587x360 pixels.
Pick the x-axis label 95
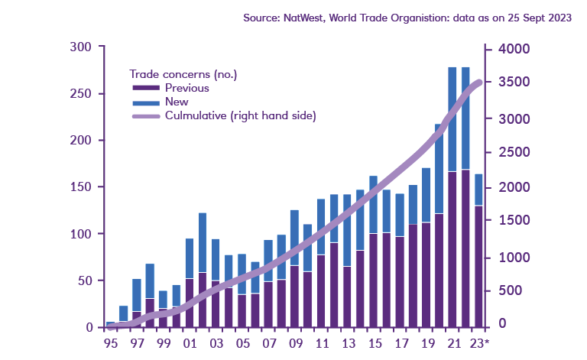(x=111, y=344)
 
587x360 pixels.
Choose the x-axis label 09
(x=294, y=344)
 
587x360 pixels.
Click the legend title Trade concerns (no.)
(x=183, y=74)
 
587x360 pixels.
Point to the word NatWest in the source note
(x=309, y=18)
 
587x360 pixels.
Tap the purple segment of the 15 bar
(x=374, y=279)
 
